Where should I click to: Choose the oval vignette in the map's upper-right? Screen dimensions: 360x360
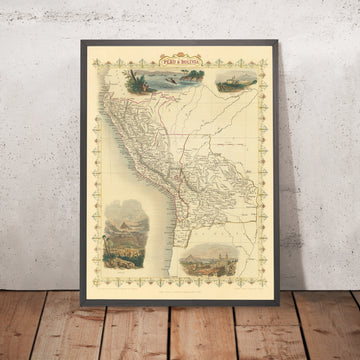coord(221,83)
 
